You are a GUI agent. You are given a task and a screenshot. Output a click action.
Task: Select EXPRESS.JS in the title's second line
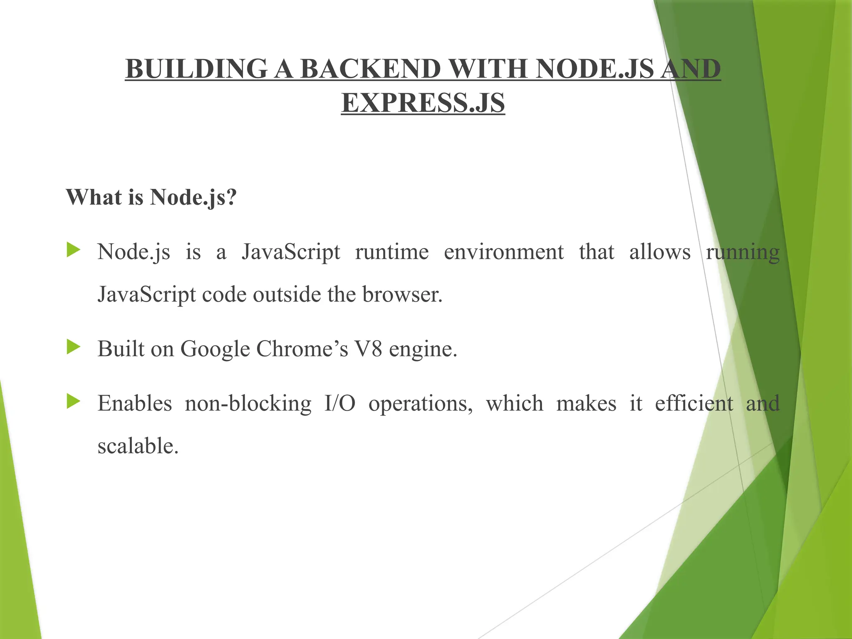(423, 103)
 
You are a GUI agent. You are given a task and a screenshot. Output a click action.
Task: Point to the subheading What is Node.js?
(151, 197)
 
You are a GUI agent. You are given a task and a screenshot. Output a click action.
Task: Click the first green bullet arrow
(73, 250)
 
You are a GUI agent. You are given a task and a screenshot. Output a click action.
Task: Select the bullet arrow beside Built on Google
(73, 347)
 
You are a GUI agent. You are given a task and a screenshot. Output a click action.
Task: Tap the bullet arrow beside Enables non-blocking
(73, 402)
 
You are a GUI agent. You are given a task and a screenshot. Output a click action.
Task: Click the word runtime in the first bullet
(391, 252)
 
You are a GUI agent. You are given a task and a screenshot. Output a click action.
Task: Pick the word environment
(503, 252)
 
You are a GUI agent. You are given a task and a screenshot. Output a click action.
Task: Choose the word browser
(402, 295)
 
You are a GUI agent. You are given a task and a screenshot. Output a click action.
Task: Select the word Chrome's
(302, 349)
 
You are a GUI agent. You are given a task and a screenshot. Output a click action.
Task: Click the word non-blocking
(248, 404)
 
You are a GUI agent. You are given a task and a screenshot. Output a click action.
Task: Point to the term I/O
(340, 404)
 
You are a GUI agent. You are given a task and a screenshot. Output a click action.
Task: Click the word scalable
(138, 446)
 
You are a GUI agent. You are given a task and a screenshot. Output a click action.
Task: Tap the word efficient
(693, 404)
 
